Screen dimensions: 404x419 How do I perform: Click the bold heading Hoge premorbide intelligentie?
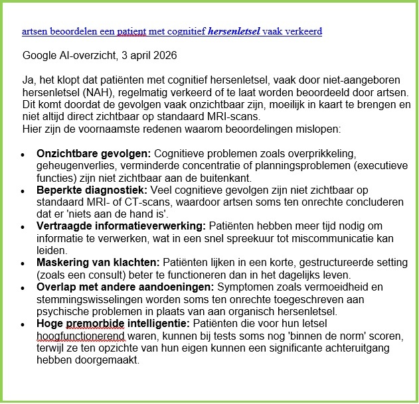113,324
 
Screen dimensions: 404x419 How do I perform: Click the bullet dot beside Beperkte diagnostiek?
23,190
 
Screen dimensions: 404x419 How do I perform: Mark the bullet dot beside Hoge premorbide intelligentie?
23,325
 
